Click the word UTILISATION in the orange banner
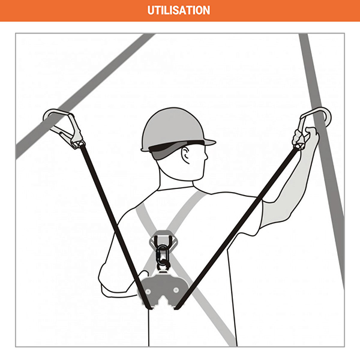(x=179, y=10)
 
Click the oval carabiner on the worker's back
(x=163, y=256)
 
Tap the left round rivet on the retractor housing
(x=148, y=292)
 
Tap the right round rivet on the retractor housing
(x=176, y=290)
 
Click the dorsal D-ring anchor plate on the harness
(x=163, y=239)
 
